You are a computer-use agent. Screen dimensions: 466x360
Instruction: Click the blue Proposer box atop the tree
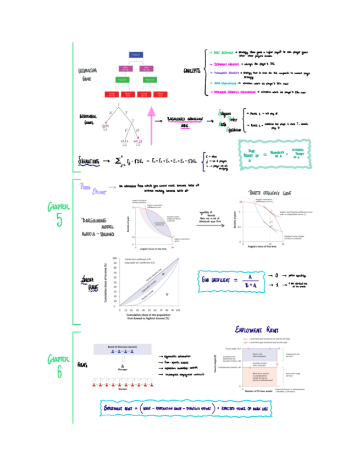click(x=136, y=54)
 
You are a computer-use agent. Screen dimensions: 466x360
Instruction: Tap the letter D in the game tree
click(x=137, y=130)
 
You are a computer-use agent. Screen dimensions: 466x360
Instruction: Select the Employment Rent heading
click(x=259, y=330)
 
